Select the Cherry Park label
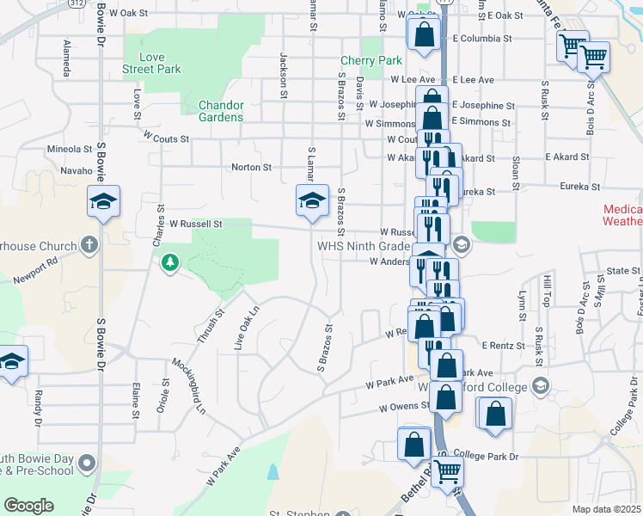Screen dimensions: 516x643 pyautogui.click(x=371, y=61)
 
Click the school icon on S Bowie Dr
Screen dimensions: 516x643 pyautogui.click(x=104, y=204)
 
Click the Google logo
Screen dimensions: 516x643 pyautogui.click(x=28, y=506)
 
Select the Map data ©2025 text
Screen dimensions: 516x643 pyautogui.click(x=607, y=509)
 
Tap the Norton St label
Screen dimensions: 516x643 pyautogui.click(x=251, y=167)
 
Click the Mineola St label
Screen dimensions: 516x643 pyautogui.click(x=70, y=149)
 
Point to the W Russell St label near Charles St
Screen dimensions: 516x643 pyautogui.click(x=195, y=224)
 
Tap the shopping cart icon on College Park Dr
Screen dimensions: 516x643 pyautogui.click(x=447, y=471)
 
